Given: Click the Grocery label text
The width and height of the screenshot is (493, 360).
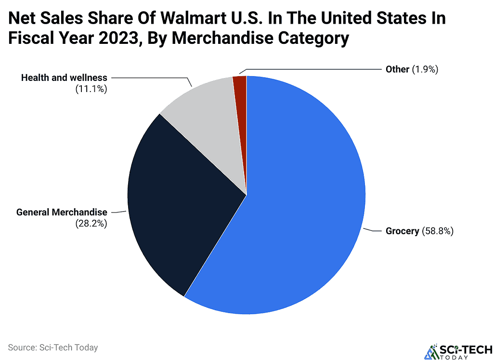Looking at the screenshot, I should tap(402, 231).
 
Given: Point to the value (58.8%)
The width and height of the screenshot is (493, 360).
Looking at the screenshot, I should tap(438, 231).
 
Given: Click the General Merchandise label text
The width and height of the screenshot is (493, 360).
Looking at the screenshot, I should tap(62, 212).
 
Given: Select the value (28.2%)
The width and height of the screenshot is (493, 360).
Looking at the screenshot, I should tap(91, 224).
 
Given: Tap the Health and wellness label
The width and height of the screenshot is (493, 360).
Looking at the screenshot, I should tap(64, 78).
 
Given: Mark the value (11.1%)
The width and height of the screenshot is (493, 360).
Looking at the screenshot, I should tap(91, 89).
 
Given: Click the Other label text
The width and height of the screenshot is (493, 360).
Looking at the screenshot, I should tap(397, 69).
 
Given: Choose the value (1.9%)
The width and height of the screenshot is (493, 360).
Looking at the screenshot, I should tap(424, 69).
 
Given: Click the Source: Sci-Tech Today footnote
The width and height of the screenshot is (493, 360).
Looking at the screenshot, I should tap(53, 347).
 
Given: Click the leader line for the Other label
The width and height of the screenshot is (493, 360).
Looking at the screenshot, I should tap(313, 69).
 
